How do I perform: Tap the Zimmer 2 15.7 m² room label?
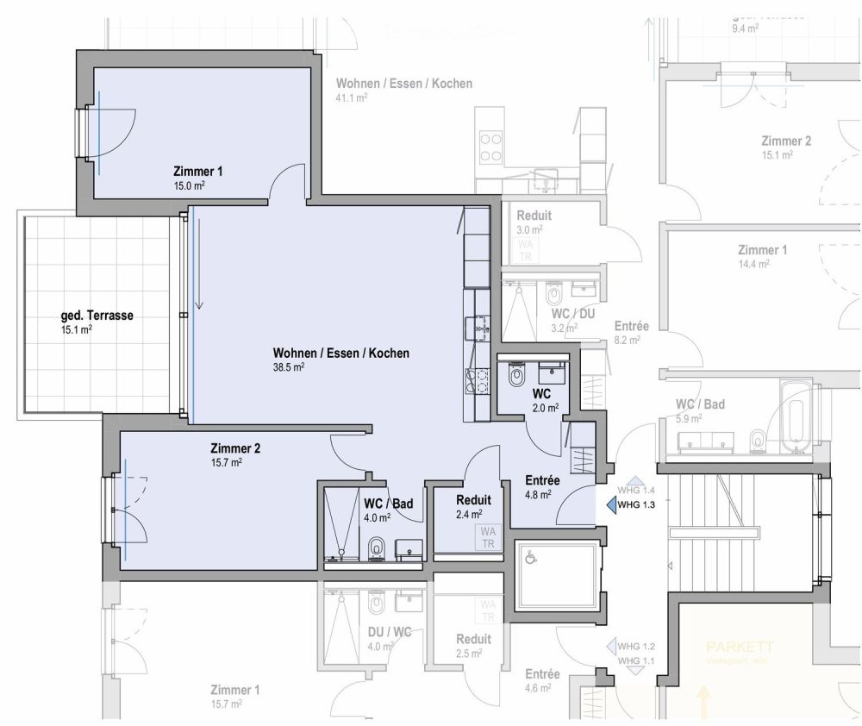235,448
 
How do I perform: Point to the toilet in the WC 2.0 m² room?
517,374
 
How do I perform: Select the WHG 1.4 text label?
638,490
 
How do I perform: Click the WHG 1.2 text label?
637,647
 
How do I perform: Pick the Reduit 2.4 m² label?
473,500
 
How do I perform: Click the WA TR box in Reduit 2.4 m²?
488,537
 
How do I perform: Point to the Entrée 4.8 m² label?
543,481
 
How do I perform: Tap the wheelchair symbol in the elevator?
531,559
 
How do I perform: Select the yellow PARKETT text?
740,647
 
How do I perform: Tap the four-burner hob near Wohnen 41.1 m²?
490,147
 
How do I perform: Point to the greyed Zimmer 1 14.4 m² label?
762,250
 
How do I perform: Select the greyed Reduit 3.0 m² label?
533,216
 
